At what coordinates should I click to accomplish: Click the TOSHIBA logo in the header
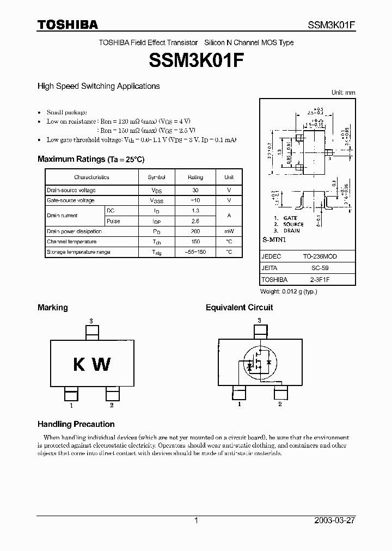(68, 25)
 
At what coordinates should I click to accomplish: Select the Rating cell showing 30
(195, 190)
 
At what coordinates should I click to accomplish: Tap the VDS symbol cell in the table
(157, 191)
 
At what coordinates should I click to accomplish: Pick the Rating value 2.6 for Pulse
(195, 221)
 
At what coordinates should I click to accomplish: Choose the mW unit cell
(229, 231)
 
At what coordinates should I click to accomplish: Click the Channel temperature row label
(72, 242)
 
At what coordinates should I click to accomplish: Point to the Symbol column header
(157, 177)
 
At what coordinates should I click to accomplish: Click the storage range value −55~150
(195, 252)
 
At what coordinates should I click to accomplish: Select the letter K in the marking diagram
(79, 365)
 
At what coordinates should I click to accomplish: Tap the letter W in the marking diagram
(102, 365)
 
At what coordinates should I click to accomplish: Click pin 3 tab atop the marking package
(92, 332)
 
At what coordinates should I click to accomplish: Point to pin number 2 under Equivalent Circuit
(280, 404)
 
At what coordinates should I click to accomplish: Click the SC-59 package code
(320, 268)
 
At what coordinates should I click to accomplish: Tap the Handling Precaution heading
(76, 424)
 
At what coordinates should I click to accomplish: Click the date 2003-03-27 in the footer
(334, 521)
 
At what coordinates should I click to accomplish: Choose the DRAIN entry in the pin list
(291, 231)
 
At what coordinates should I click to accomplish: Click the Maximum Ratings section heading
(90, 159)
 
